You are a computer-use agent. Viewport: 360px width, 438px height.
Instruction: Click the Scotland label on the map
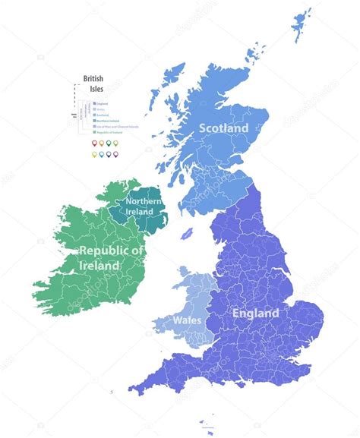pos(223,129)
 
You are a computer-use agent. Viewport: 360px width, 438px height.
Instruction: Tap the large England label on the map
pos(255,313)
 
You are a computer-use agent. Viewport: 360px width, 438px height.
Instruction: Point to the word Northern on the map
pos(144,200)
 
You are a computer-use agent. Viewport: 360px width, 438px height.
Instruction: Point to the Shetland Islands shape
pos(302,27)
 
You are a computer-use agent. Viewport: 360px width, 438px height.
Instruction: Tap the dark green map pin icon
pos(108,143)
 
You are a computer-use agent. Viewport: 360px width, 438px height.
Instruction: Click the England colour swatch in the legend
pos(93,103)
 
